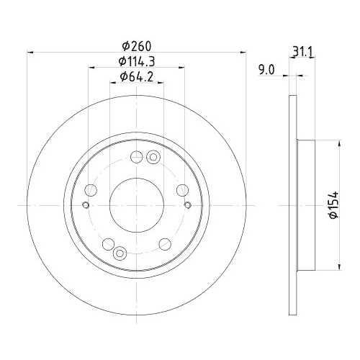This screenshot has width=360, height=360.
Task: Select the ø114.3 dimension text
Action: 135,60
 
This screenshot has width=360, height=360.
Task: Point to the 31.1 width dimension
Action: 303,50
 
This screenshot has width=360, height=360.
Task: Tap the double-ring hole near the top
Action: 151,158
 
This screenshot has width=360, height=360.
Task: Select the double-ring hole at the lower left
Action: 120,251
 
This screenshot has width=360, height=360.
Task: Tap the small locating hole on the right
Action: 187,205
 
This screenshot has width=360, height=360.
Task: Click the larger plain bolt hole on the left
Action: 91,189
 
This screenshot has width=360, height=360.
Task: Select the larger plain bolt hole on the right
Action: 182,189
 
